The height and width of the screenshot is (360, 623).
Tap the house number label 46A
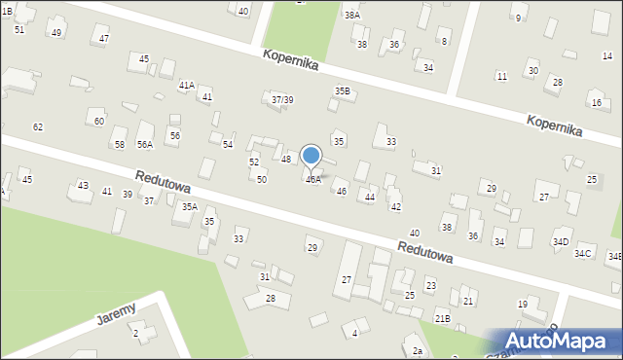pos(313,180)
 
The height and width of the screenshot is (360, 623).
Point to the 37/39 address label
pos(282,100)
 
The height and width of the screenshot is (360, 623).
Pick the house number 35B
pos(343,91)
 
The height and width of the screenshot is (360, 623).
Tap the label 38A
pos(351,16)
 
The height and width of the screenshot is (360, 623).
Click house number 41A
pos(187,86)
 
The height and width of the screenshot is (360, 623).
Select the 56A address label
pos(145,144)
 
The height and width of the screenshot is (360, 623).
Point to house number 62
pos(38,127)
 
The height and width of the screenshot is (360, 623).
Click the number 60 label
pos(99,122)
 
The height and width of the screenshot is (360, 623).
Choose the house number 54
pos(227,144)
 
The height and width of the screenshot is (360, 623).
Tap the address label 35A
pos(189,206)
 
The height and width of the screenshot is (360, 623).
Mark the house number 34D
pos(561,241)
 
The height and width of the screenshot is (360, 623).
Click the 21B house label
pos(442,318)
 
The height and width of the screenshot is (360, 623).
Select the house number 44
pos(369,198)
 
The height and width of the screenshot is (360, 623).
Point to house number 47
pos(104,38)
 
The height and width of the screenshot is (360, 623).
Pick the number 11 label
pos(501,76)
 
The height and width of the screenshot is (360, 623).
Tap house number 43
pos(83,186)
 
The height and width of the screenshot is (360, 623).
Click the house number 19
pos(522,305)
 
